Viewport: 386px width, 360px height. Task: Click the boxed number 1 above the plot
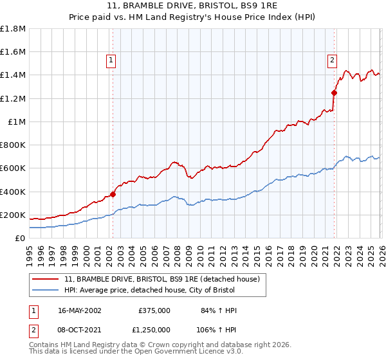pyautogui.click(x=111, y=60)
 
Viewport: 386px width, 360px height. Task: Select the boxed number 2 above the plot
pyautogui.click(x=332, y=60)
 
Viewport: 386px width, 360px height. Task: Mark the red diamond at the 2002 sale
pyautogui.click(x=113, y=194)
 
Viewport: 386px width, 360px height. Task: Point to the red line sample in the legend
pyautogui.click(x=46, y=279)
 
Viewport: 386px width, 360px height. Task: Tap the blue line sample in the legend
pyautogui.click(x=46, y=290)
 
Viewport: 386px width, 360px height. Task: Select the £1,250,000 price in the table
pyautogui.click(x=154, y=329)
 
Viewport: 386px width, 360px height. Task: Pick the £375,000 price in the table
pyautogui.click(x=154, y=310)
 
